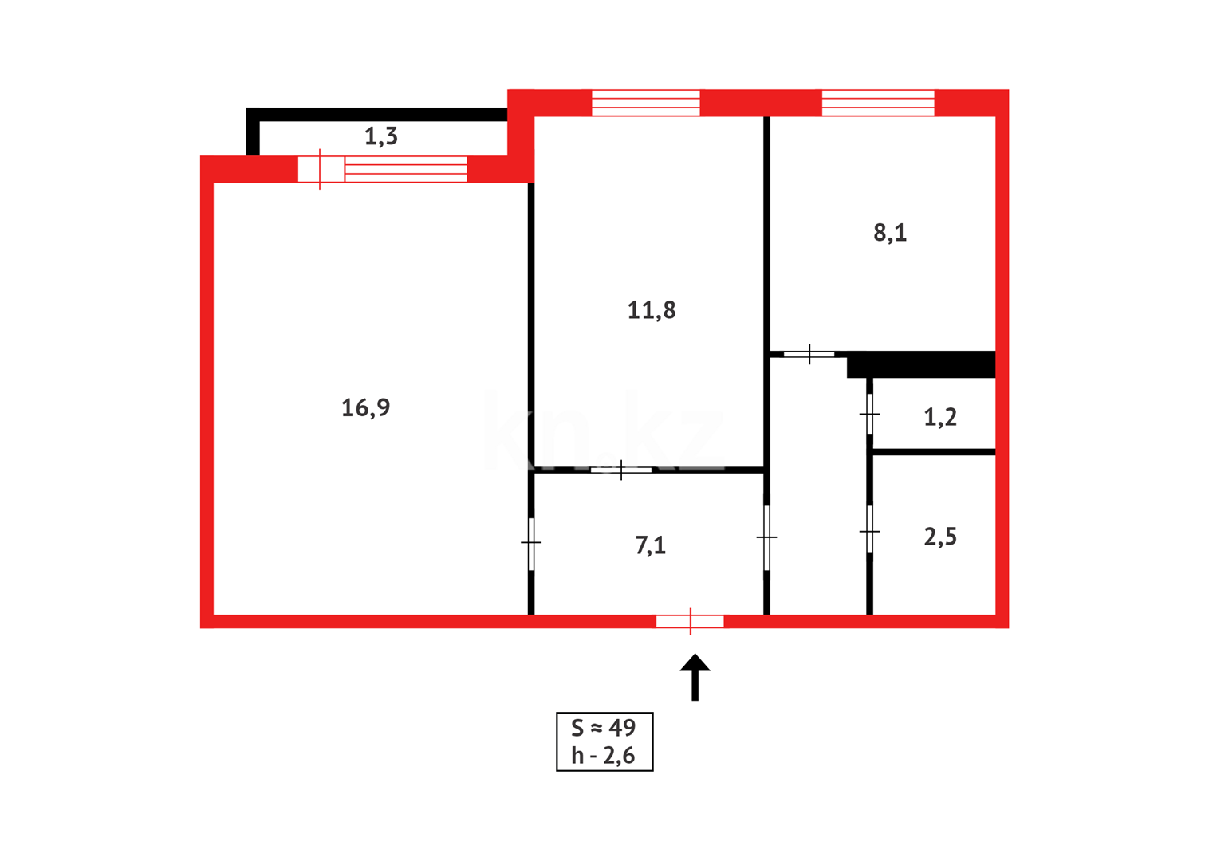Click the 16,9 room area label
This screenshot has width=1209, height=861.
[x=365, y=408]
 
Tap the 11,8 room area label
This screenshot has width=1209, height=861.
[x=651, y=310]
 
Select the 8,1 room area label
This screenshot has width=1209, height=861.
[x=890, y=233]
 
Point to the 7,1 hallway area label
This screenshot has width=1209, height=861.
[x=650, y=545]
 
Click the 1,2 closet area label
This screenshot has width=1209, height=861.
[x=939, y=417]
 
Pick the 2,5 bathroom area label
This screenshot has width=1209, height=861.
[x=939, y=537]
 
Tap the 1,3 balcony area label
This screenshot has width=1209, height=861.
[x=380, y=136]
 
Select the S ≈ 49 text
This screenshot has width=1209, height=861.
[x=604, y=728]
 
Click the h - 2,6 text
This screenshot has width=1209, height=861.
[x=604, y=756]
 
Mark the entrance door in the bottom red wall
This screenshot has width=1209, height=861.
[x=690, y=622]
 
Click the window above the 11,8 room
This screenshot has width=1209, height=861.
[x=645, y=103]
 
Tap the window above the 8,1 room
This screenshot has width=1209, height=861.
[x=877, y=103]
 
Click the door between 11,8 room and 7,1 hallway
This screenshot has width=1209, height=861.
[x=620, y=470]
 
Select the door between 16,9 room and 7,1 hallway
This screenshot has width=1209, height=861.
[x=531, y=543]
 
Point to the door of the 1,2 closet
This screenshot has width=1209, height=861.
[x=869, y=414]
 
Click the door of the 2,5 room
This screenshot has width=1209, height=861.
[x=869, y=530]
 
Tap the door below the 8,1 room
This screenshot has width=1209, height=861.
[x=809, y=354]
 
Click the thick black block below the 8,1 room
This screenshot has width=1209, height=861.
[x=922, y=364]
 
